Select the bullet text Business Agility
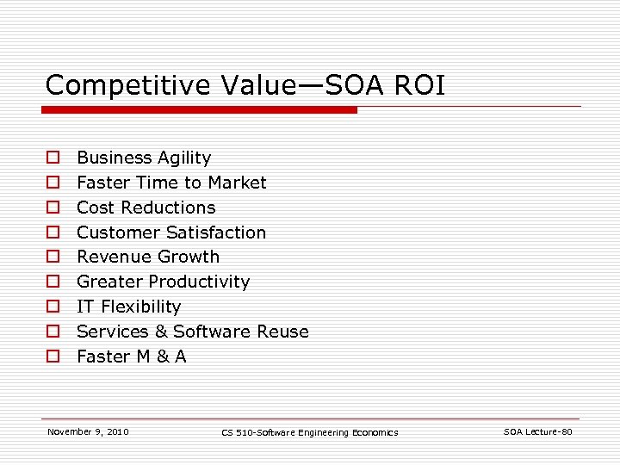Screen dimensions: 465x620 (x=144, y=158)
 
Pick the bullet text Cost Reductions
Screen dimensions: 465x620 (x=146, y=208)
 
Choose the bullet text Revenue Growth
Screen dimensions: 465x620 (x=148, y=257)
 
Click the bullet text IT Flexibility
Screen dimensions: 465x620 (x=129, y=307)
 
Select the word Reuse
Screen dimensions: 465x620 (x=281, y=332)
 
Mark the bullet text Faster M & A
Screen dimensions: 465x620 (x=132, y=356)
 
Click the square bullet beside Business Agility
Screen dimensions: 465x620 (x=53, y=158)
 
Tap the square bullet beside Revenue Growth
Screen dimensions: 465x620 (x=53, y=257)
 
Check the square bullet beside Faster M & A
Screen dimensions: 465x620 (x=53, y=356)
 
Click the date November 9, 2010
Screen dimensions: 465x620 (x=88, y=431)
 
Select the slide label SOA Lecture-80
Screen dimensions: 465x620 (x=537, y=431)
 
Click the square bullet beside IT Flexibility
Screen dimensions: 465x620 (x=53, y=307)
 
